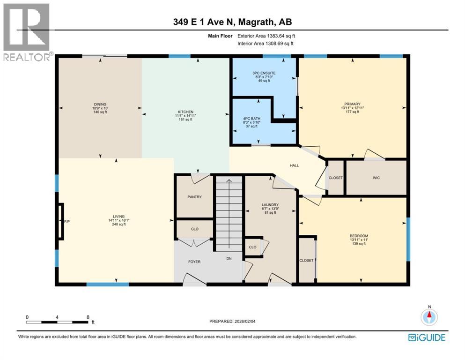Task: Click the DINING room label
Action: point(100,105)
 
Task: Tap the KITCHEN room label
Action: point(185,112)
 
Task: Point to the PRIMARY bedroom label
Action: point(351,105)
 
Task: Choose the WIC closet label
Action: point(376,178)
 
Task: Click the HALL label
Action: point(294,165)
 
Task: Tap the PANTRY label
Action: point(194,197)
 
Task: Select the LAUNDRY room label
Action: point(270,205)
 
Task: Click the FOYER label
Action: point(194,262)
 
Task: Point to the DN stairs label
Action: point(229,258)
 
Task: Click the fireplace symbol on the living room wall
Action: point(61,221)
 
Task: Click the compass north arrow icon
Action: point(429,317)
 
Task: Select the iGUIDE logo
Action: point(427,337)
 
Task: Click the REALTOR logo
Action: point(27,32)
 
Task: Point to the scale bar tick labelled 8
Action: point(88,317)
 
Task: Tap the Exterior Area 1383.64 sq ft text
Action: point(266,36)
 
